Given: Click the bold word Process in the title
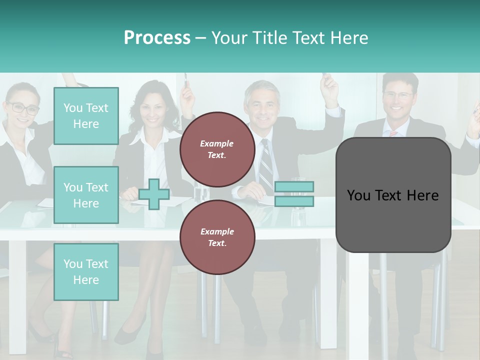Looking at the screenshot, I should point(157,38).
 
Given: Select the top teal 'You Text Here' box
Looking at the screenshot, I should point(86,116).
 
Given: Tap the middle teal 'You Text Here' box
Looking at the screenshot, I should point(86,195).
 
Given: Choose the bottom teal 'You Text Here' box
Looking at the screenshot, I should point(86,272).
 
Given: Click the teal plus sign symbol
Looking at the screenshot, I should point(154,194).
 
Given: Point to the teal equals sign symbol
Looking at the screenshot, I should point(294,194).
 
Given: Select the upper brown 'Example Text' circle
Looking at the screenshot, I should point(217,149).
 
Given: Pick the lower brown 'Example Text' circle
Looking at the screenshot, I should point(217,237).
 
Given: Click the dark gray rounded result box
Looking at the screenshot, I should point(393,195).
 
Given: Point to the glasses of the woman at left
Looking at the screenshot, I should point(22,107).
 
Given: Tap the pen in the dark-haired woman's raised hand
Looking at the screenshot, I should point(185,79).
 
